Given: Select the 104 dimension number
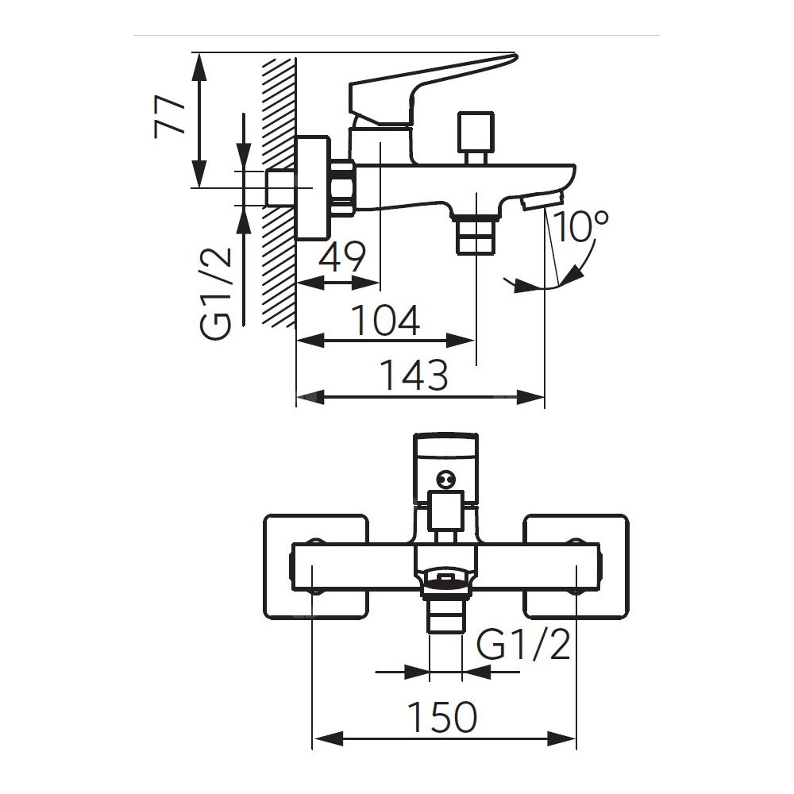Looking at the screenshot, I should [x=385, y=320].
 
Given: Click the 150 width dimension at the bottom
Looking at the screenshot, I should [x=443, y=718].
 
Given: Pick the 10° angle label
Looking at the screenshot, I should [x=583, y=229].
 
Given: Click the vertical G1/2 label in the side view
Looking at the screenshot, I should [x=217, y=293].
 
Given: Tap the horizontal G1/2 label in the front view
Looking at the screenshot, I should [x=525, y=646].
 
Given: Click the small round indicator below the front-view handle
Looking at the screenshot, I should [x=445, y=479].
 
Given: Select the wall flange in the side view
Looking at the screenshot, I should [x=313, y=188].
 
